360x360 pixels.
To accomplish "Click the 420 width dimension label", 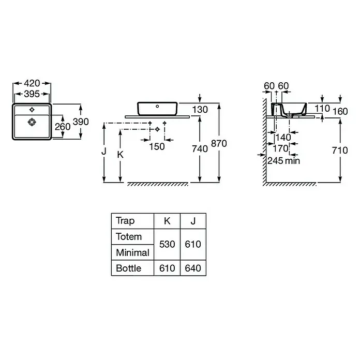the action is (x=32, y=83).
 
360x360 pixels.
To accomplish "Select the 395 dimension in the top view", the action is (x=32, y=94).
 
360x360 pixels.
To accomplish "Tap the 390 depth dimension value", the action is (x=81, y=122).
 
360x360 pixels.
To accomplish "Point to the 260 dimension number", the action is (x=63, y=127).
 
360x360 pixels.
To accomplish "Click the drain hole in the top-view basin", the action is (x=32, y=122).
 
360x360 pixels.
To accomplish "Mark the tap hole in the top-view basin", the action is (x=32, y=110).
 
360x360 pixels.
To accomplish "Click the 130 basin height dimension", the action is (x=200, y=110).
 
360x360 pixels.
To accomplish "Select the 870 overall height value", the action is (x=219, y=143).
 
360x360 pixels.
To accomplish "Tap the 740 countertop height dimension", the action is (x=200, y=149).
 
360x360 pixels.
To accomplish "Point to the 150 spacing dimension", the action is (x=157, y=146).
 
